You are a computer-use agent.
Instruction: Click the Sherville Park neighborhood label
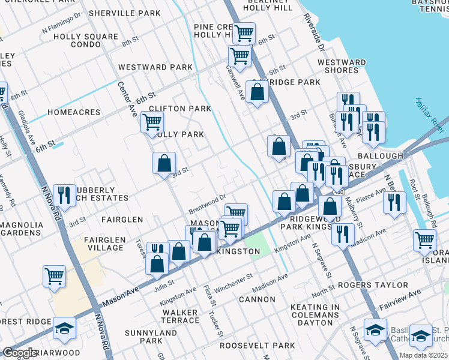tap(124, 13)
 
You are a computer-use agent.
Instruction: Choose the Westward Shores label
tap(342, 66)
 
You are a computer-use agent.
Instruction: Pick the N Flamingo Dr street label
tap(61, 26)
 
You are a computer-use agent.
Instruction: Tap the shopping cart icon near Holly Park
tap(152, 122)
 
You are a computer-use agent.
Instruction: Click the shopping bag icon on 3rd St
tap(164, 163)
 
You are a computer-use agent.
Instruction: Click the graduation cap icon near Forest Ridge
tap(64, 328)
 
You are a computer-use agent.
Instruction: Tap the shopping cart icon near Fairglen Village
tap(54, 276)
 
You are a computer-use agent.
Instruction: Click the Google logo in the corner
tap(19, 353)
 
